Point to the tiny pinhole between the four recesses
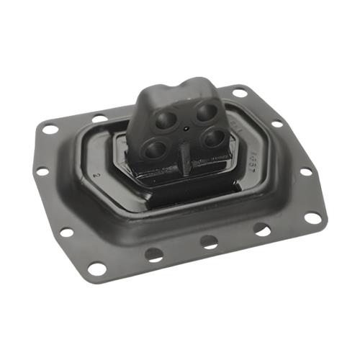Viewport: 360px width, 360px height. (185, 130)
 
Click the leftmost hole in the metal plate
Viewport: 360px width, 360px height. (42, 171)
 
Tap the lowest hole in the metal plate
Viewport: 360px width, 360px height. (96, 268)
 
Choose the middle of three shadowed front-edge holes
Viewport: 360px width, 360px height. (209, 242)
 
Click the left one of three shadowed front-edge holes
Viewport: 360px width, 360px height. (154, 253)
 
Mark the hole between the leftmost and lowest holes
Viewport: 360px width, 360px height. (66, 233)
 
